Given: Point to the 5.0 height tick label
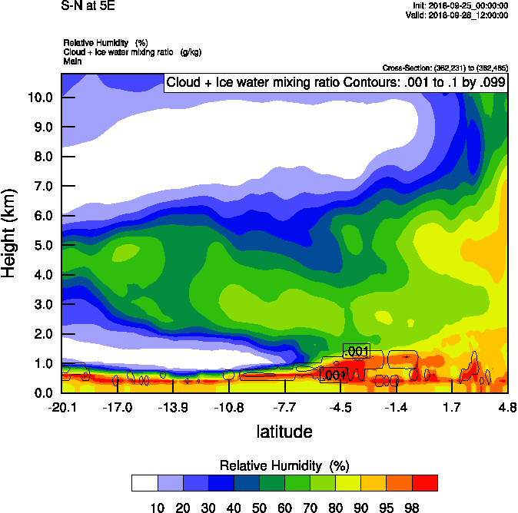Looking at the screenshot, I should coord(41,245).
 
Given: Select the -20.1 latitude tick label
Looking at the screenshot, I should coord(61,406).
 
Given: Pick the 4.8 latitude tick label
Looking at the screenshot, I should coord(506,406).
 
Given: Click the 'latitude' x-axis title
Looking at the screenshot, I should coord(284,432).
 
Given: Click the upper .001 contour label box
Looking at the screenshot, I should coord(357,352).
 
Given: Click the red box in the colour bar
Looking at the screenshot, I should coord(424,483).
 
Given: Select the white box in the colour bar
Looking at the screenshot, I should coord(144,483).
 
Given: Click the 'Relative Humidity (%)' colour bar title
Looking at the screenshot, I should coord(284,465).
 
